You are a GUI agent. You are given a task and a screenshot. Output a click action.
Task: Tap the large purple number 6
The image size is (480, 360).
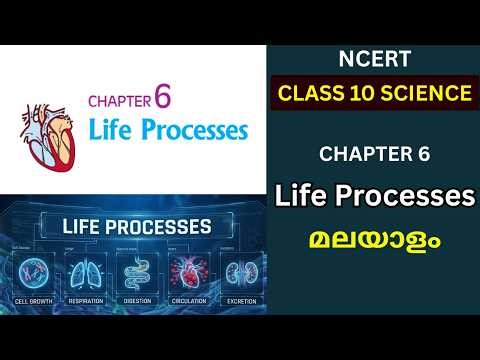click(163, 98)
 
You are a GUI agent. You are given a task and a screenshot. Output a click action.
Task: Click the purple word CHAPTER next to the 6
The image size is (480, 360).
click(119, 101)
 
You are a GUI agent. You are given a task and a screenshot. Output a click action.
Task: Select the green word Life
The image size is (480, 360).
click(112, 131)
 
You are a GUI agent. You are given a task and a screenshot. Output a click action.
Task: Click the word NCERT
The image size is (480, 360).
click(374, 61)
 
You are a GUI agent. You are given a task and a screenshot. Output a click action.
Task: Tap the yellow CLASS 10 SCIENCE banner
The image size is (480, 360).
click(374, 95)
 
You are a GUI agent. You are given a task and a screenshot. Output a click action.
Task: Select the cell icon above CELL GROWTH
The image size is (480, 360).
click(36, 271)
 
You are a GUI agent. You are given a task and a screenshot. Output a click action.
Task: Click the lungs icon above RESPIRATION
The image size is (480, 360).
click(84, 271)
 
